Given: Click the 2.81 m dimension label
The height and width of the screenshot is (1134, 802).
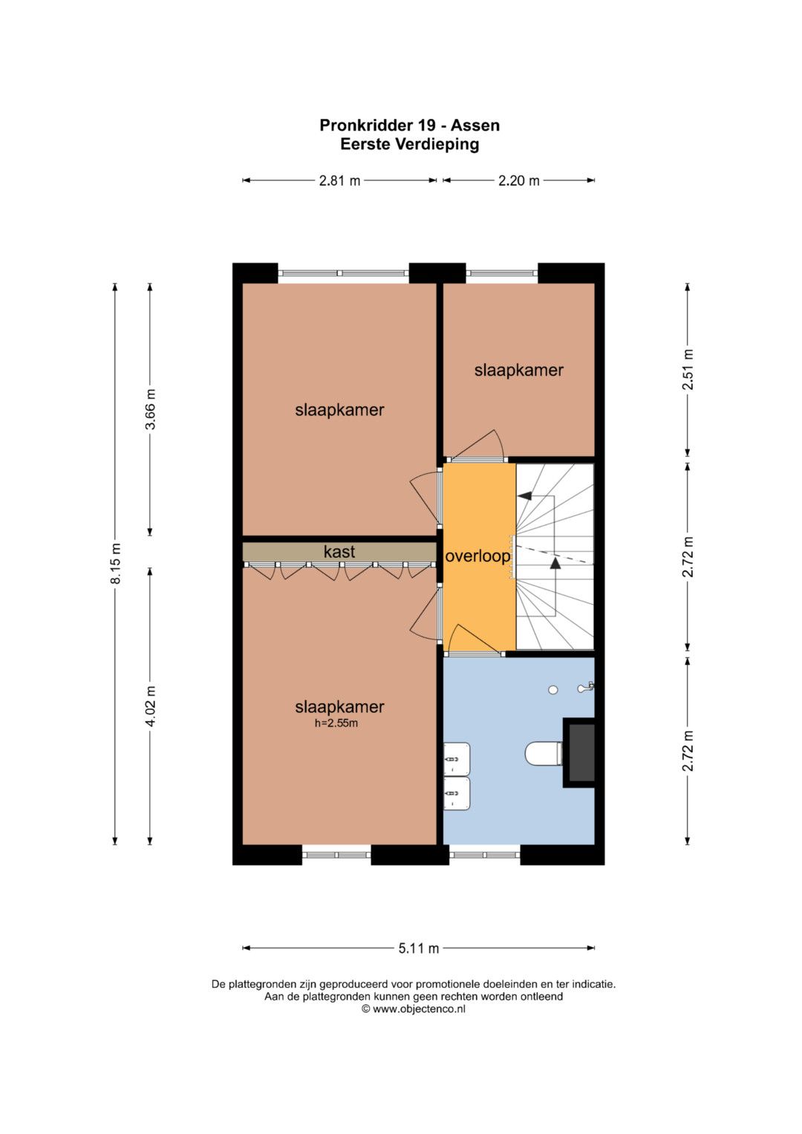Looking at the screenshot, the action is (x=339, y=180).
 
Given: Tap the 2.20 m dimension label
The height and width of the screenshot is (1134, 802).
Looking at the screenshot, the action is (x=519, y=180).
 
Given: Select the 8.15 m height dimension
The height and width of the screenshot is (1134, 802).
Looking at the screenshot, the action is (x=116, y=564).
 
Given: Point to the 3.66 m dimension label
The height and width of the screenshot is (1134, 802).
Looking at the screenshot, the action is (x=150, y=409).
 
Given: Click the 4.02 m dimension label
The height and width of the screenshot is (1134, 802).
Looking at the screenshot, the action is (x=150, y=706).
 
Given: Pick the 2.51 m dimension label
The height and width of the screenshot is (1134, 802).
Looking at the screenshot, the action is (x=688, y=370).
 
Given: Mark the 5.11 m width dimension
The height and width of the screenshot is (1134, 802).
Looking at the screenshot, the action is (x=419, y=948).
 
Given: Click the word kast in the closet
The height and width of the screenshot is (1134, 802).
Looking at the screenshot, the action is (x=339, y=551).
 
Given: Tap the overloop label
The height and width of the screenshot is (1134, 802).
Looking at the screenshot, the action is (x=477, y=556).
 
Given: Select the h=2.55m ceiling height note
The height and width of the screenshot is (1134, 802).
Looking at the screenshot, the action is (x=336, y=723).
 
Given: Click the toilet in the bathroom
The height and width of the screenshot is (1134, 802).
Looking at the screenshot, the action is (x=544, y=754).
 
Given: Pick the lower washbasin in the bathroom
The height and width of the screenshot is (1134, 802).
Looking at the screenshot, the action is (x=457, y=793).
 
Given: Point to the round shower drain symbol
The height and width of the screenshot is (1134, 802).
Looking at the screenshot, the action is (x=553, y=689).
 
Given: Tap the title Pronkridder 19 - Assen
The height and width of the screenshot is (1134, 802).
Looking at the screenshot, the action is (x=410, y=125).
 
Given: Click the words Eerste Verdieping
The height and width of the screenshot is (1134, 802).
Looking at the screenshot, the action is (x=410, y=144).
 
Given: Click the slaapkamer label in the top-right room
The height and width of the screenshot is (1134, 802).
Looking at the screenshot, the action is (x=519, y=370).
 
